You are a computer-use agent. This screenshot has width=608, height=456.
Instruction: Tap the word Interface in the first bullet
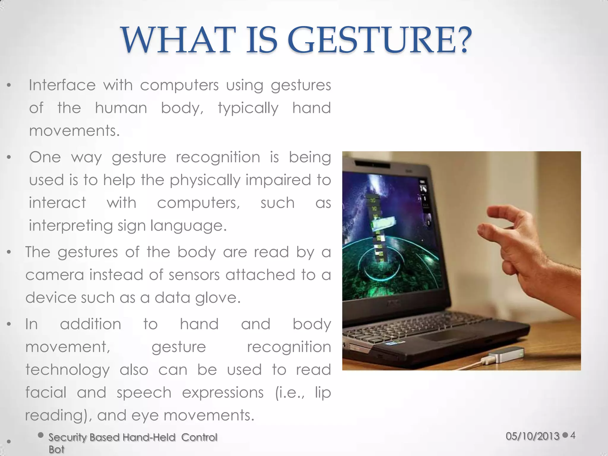tap(62, 85)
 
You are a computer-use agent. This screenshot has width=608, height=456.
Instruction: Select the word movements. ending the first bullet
tap(74, 131)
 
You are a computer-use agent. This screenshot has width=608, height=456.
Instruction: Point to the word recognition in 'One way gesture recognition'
tap(218, 157)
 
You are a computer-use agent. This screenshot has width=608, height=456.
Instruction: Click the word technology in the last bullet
tap(68, 370)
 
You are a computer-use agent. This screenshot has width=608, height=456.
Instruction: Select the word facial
tap(46, 392)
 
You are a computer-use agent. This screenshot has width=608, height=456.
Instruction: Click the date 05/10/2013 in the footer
tap(533, 436)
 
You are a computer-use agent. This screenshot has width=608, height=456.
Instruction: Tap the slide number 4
tap(573, 436)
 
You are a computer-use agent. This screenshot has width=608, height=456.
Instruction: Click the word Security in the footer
tap(68, 437)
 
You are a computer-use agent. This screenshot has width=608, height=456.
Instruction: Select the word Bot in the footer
tap(56, 449)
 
